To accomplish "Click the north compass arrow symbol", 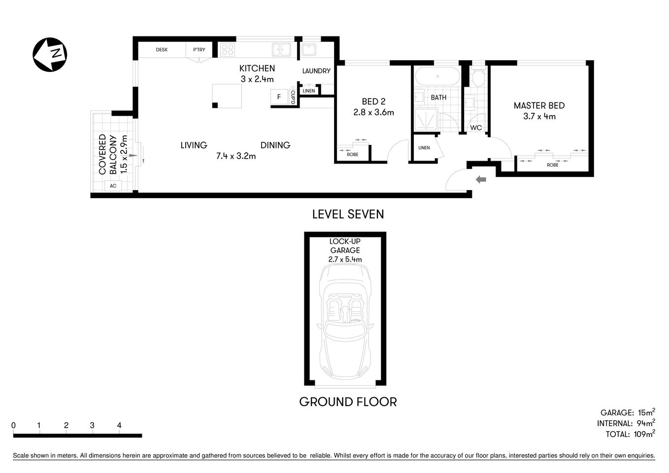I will click(x=50, y=54).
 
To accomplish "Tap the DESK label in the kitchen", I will click(x=162, y=50).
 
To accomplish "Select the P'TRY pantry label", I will click(x=199, y=50).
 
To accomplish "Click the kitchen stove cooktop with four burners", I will click(x=227, y=50).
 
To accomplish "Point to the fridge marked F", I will click(x=279, y=97).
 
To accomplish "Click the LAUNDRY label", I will click(x=316, y=71).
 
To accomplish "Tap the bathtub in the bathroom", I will click(x=437, y=77).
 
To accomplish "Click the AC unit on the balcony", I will click(x=113, y=186).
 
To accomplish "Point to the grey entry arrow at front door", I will click(x=480, y=180).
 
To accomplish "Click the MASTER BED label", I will click(x=539, y=105).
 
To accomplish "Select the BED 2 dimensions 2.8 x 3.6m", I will click(x=373, y=112).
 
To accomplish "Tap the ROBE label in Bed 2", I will click(x=352, y=155).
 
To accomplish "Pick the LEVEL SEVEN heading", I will click(x=348, y=214).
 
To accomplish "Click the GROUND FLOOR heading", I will click(x=348, y=402).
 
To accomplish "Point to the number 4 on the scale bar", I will click(x=119, y=425).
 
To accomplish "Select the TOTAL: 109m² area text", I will click(x=630, y=434).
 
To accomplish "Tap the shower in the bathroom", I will click(x=426, y=120).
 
